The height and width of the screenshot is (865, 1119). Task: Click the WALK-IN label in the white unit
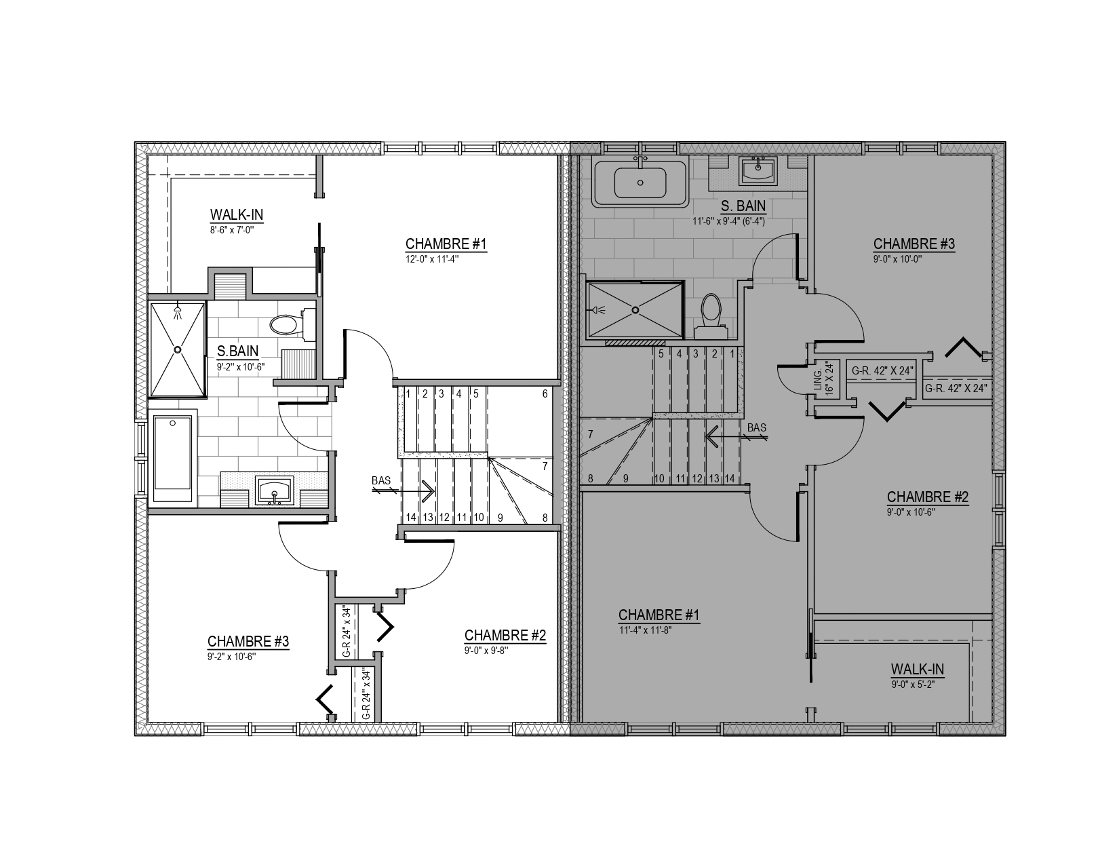237,214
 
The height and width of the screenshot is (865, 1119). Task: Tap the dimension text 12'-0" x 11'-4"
432,259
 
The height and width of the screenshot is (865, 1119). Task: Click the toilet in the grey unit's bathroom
711,317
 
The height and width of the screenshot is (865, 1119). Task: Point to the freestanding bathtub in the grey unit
640,183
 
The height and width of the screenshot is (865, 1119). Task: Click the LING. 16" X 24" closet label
823,378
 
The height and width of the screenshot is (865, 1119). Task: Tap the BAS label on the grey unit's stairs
756,427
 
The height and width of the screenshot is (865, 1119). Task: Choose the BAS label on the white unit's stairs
381,480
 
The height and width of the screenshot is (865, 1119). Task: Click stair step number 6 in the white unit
545,394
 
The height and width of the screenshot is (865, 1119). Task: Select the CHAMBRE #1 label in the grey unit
659,615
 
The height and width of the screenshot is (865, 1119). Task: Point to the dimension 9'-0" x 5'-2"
913,685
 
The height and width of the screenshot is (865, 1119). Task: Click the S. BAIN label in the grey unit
743,206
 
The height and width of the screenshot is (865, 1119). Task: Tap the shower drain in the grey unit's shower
635,309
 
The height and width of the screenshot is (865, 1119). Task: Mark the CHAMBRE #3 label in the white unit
248,641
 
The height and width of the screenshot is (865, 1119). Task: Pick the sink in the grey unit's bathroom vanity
758,171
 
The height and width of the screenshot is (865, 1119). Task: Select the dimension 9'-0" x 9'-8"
486,650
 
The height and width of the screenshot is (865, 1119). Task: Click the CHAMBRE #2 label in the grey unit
928,497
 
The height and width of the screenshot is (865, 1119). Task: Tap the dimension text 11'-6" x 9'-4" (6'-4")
728,222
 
